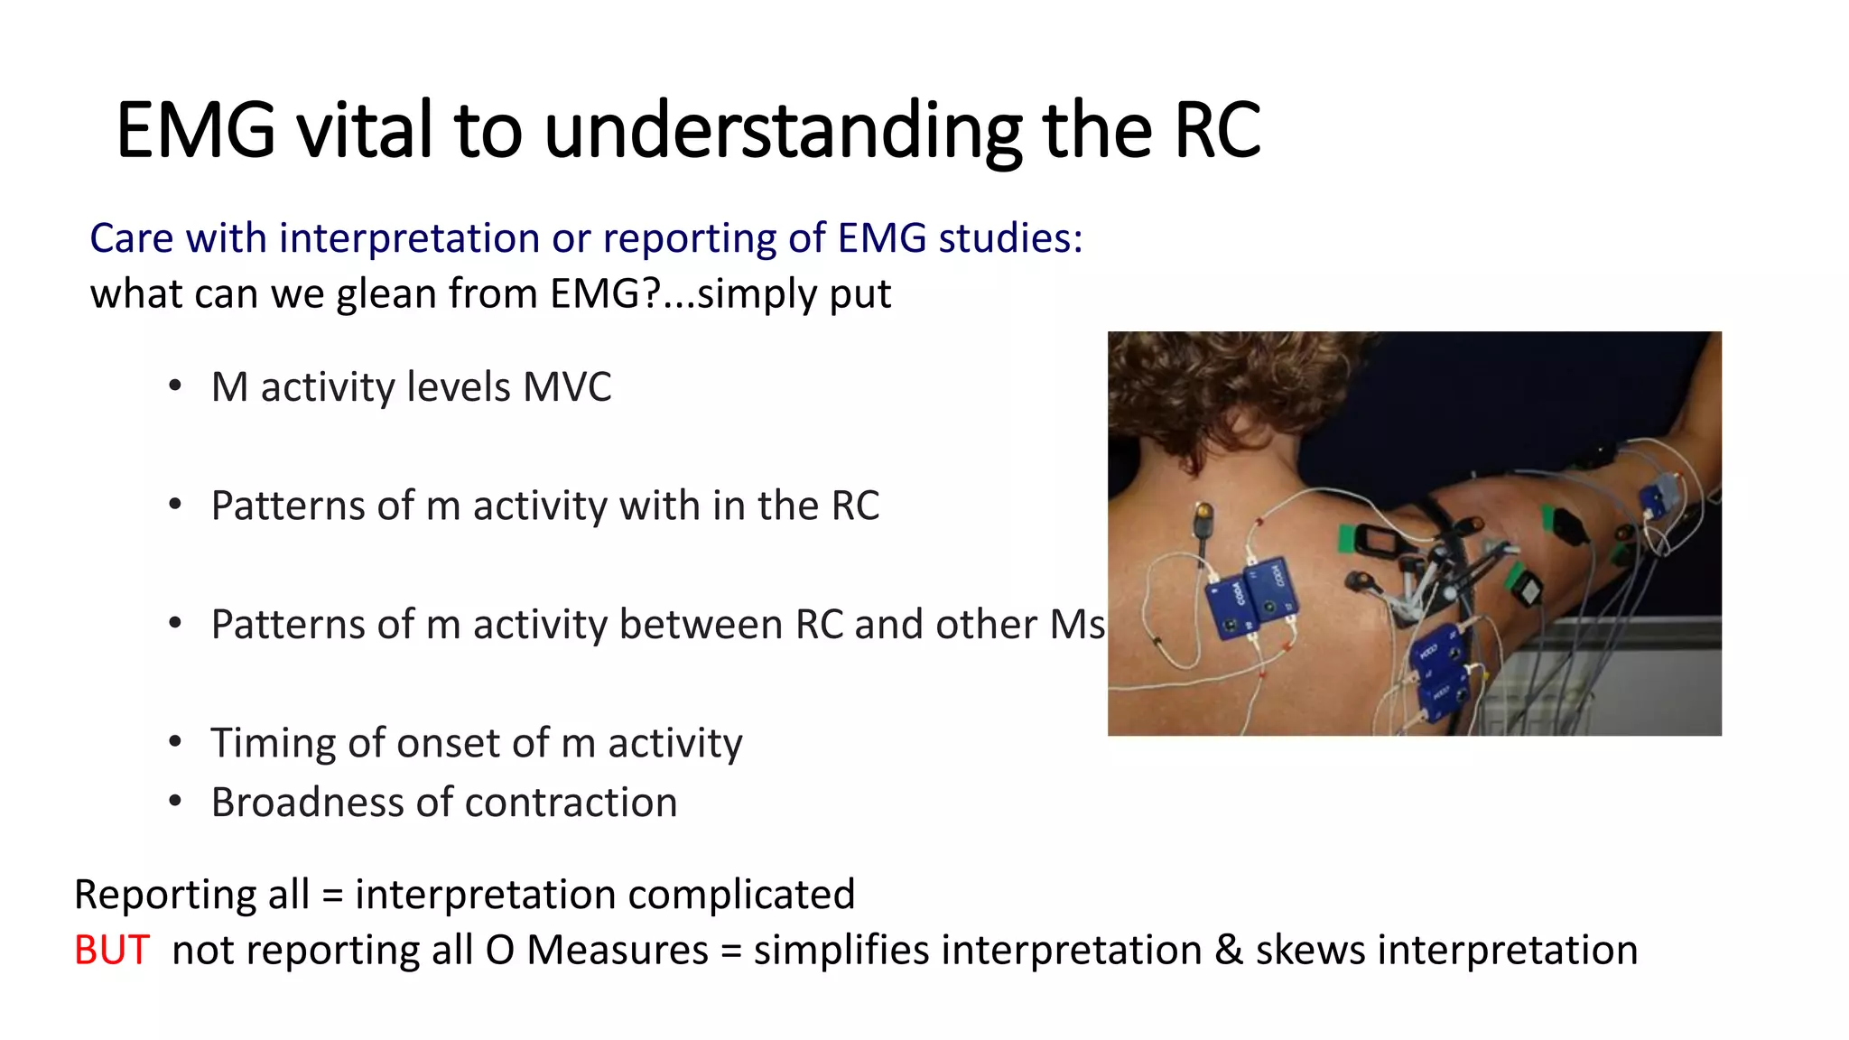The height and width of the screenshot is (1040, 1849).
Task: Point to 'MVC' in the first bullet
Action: click(x=567, y=387)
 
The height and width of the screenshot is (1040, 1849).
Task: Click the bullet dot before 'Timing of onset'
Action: click(x=175, y=742)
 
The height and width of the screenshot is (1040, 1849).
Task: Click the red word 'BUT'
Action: click(x=111, y=951)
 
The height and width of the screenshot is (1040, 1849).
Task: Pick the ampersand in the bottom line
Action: click(x=1228, y=951)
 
